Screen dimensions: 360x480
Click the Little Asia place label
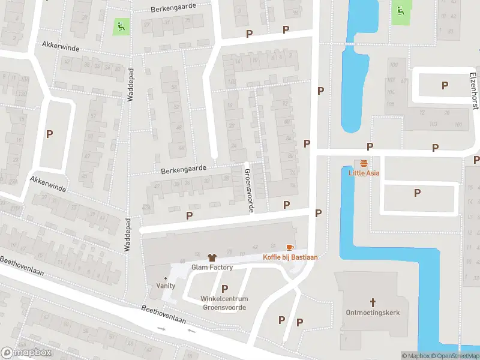point(364,173)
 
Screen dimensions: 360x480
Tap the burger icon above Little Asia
point(364,163)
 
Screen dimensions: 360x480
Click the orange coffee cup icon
point(290,247)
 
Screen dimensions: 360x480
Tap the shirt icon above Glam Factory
point(211,257)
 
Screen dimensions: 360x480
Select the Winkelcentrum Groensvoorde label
point(225,303)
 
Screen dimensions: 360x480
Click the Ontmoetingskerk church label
point(373,313)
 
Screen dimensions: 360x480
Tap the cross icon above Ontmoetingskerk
point(373,302)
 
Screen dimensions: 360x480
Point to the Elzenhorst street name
point(473,91)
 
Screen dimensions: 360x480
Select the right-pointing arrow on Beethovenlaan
point(161,328)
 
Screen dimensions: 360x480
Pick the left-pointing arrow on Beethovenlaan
point(192,330)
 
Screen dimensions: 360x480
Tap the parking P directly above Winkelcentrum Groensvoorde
point(225,289)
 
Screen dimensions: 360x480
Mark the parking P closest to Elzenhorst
point(445,85)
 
